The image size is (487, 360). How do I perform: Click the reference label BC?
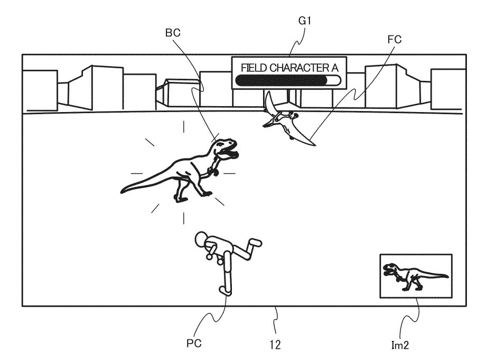click(172, 32)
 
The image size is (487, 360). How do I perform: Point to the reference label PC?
click(193, 343)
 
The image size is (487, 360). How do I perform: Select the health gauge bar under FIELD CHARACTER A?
click(288, 80)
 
